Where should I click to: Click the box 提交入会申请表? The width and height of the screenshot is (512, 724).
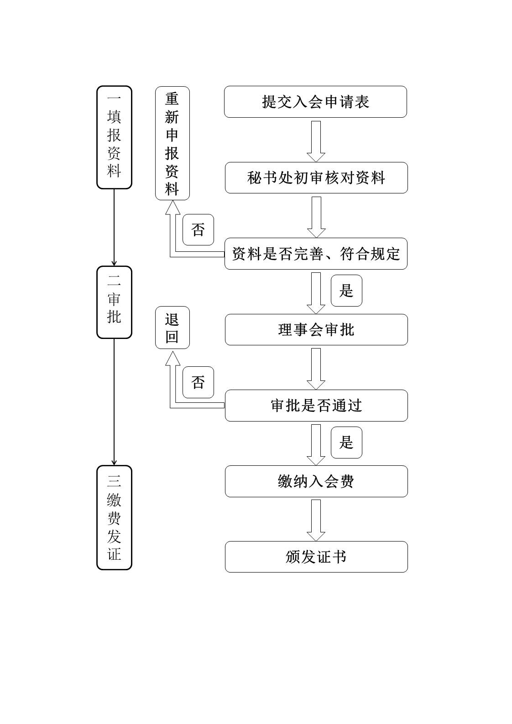[x=315, y=102]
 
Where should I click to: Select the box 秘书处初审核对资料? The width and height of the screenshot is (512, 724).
[x=316, y=177]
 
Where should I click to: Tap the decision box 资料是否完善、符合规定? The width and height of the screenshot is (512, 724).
[x=316, y=254]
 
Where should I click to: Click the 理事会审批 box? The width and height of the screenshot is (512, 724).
[x=316, y=329]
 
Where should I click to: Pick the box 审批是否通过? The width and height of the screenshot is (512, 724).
[x=316, y=406]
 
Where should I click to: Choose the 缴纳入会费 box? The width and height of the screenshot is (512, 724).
[x=316, y=481]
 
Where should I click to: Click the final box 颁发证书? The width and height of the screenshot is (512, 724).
[x=316, y=557]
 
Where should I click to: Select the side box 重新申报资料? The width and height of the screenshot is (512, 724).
[x=172, y=143]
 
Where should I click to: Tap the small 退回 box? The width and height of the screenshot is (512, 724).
[x=172, y=328]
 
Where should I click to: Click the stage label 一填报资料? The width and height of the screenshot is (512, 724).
[x=114, y=137]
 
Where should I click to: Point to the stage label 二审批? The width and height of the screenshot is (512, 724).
[x=114, y=302]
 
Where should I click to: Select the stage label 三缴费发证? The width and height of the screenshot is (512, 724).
[x=114, y=517]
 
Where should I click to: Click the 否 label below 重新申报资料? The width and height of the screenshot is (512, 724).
[x=198, y=229]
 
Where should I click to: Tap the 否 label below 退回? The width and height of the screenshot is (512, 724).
[x=198, y=382]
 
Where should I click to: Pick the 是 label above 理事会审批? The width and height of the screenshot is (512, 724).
[x=346, y=291]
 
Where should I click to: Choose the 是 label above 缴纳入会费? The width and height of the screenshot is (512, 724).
[x=346, y=443]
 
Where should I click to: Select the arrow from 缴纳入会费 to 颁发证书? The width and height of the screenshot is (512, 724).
[x=316, y=520]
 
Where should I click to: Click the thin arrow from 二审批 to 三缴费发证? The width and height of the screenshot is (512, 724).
[x=114, y=401]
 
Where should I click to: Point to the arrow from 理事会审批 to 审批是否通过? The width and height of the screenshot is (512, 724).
[x=316, y=368]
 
